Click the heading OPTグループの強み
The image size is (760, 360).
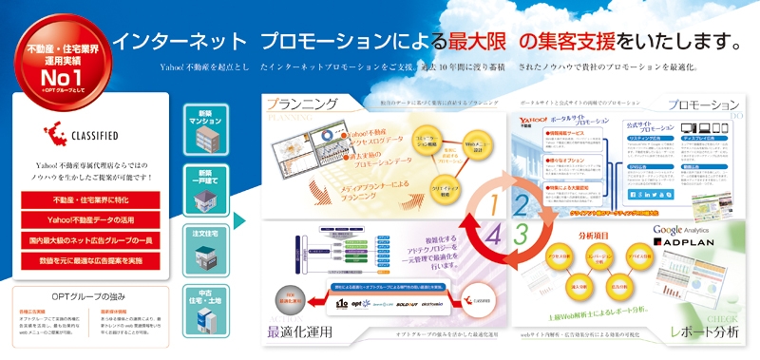89,295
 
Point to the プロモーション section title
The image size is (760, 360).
703,104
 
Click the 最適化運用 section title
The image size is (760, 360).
302,332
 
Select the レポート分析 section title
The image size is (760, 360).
704,332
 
